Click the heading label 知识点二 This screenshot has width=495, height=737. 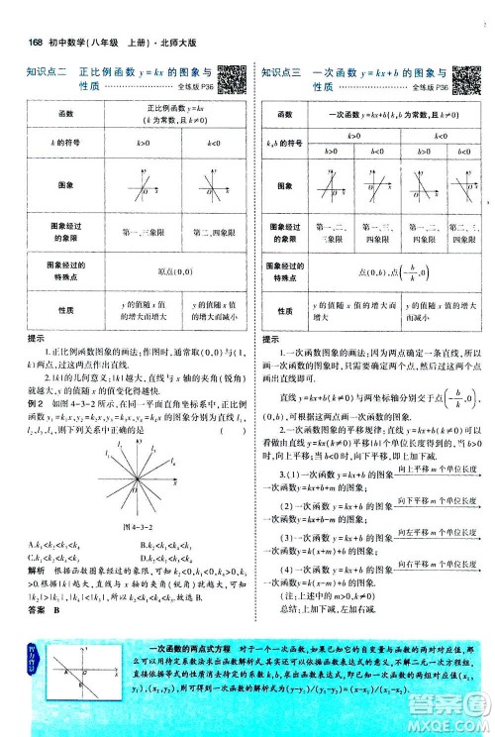coord(46,71)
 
